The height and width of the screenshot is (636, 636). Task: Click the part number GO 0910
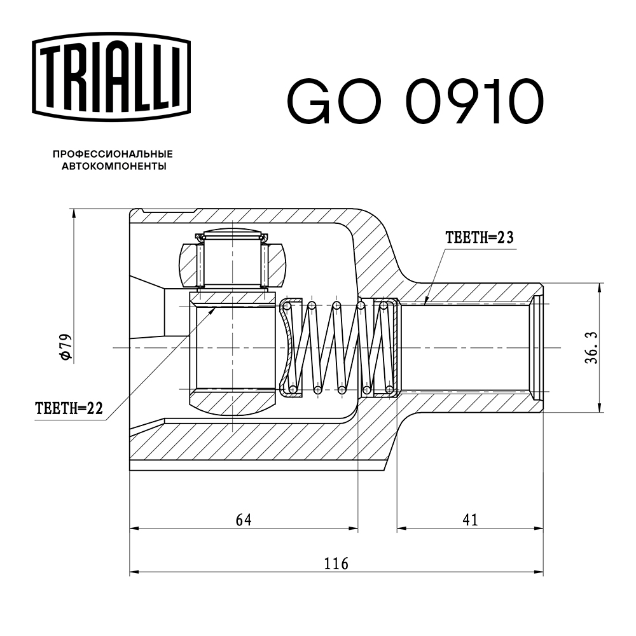pyautogui.click(x=415, y=101)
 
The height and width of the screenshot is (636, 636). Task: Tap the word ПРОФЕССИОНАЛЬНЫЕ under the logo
pyautogui.click(x=113, y=154)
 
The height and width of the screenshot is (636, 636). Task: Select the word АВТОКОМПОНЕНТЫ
pyautogui.click(x=114, y=167)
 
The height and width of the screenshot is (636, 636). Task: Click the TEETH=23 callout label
pyautogui.click(x=478, y=238)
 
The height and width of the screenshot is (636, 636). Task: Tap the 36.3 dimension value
pyautogui.click(x=591, y=347)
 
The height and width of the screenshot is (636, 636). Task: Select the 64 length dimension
pyautogui.click(x=244, y=520)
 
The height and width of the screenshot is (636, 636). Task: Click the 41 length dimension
pyautogui.click(x=470, y=520)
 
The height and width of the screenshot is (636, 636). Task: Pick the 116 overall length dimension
pyautogui.click(x=336, y=563)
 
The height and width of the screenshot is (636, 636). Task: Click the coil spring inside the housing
pyautogui.click(x=337, y=347)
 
